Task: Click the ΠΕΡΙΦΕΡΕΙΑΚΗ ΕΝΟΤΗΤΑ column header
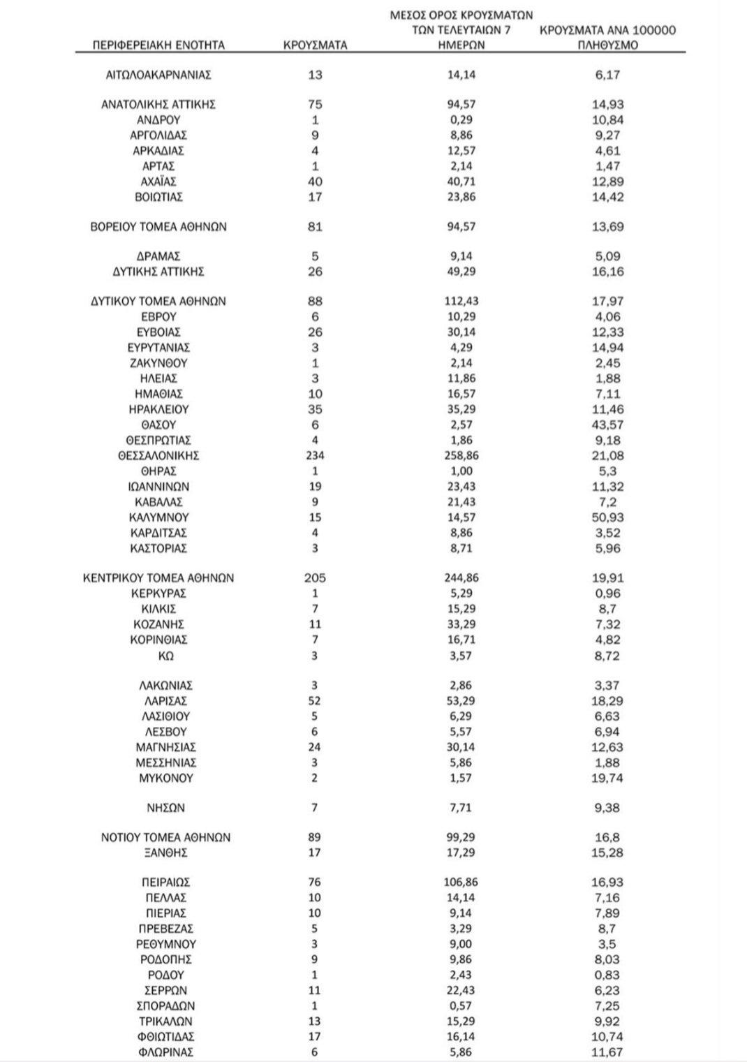(158, 45)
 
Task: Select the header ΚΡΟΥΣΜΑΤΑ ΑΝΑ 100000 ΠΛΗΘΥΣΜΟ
(608, 38)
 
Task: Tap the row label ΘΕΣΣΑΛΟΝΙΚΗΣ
(158, 456)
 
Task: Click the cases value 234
(315, 456)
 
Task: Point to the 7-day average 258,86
(460, 456)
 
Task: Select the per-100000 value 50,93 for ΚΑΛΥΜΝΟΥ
(608, 517)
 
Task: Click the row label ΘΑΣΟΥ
(158, 425)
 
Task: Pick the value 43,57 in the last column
(608, 425)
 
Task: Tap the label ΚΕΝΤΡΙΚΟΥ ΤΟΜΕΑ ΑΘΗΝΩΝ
(158, 578)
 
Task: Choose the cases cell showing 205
(315, 578)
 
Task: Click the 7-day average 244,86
(460, 578)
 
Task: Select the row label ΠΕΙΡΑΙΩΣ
(165, 883)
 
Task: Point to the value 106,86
(460, 883)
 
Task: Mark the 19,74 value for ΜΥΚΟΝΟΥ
(608, 778)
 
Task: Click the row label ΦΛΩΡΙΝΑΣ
(165, 1052)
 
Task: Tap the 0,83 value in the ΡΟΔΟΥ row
(608, 975)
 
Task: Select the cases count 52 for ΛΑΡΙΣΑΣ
(315, 701)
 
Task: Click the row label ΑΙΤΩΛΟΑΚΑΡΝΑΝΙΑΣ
(158, 75)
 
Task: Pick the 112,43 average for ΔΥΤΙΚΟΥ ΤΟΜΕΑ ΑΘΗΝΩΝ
(460, 302)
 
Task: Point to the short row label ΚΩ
(165, 656)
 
